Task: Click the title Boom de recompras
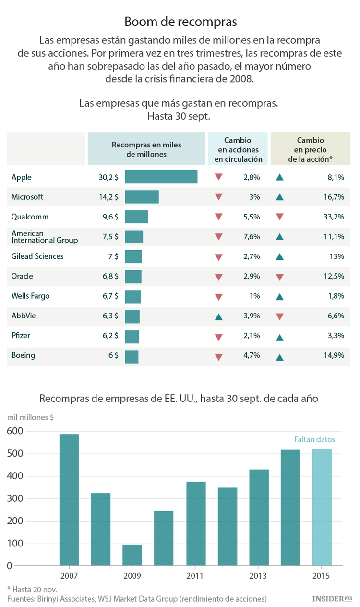coord(180,22)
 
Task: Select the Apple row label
coord(22,177)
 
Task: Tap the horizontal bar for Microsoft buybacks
coord(142,197)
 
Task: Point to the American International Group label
coord(44,236)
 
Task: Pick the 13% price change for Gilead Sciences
coord(336,256)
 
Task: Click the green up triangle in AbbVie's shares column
coord(218,316)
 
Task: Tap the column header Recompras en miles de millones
coord(146,149)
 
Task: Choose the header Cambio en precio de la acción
coord(310,149)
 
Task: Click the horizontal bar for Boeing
coord(132,356)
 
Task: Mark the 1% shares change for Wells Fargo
coord(254,296)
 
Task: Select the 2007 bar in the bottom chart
coord(69,499)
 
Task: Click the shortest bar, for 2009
coord(132,555)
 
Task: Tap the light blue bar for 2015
coord(322,507)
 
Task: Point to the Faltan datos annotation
coord(314,439)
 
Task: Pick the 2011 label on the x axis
coord(195,576)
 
